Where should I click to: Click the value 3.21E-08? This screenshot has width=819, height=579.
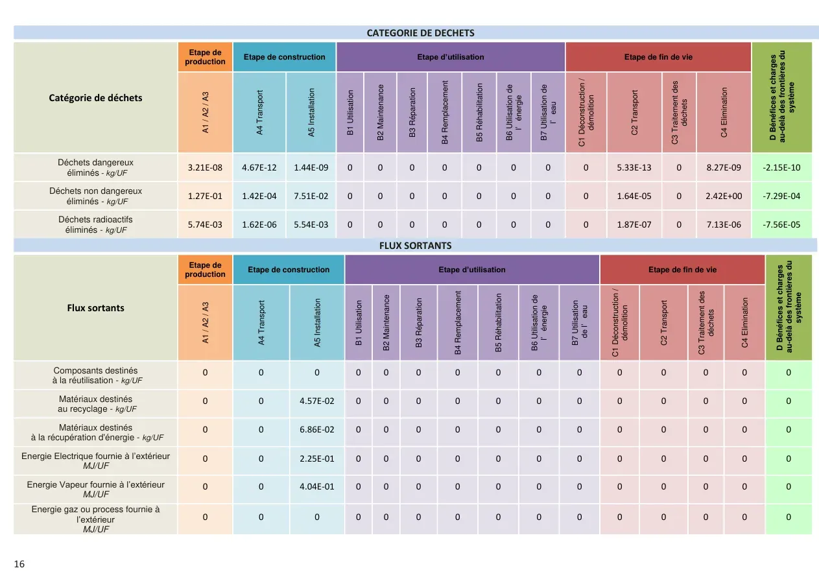pyautogui.click(x=205, y=167)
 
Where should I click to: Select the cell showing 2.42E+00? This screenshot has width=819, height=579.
pyautogui.click(x=724, y=196)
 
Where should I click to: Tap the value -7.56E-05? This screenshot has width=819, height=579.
pyautogui.click(x=781, y=224)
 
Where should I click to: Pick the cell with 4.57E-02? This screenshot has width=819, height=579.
pyautogui.click(x=316, y=401)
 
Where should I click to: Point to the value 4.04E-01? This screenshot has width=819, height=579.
pyautogui.click(x=316, y=486)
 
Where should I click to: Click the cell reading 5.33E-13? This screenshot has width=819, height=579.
pyautogui.click(x=634, y=167)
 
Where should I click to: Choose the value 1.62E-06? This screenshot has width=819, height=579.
pyautogui.click(x=259, y=224)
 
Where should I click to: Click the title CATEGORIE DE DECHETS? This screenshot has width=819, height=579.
pyautogui.click(x=420, y=33)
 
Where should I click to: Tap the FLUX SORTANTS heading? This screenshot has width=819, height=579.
pyautogui.click(x=416, y=246)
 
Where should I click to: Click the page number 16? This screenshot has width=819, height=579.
pyautogui.click(x=19, y=564)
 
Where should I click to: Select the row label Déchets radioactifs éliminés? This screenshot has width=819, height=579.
pyautogui.click(x=95, y=224)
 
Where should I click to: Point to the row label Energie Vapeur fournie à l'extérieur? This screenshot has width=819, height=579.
pyautogui.click(x=95, y=489)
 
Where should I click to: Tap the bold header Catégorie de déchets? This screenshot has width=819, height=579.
pyautogui.click(x=95, y=98)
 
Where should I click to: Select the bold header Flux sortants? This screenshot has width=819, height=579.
pyautogui.click(x=95, y=308)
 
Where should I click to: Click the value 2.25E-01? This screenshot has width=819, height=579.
pyautogui.click(x=316, y=458)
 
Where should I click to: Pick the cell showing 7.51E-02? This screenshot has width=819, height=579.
pyautogui.click(x=311, y=196)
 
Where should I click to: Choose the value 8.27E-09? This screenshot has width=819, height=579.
pyautogui.click(x=724, y=167)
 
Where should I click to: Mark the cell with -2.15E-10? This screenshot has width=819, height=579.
pyautogui.click(x=781, y=167)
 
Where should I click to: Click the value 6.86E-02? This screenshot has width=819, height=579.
pyautogui.click(x=316, y=429)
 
